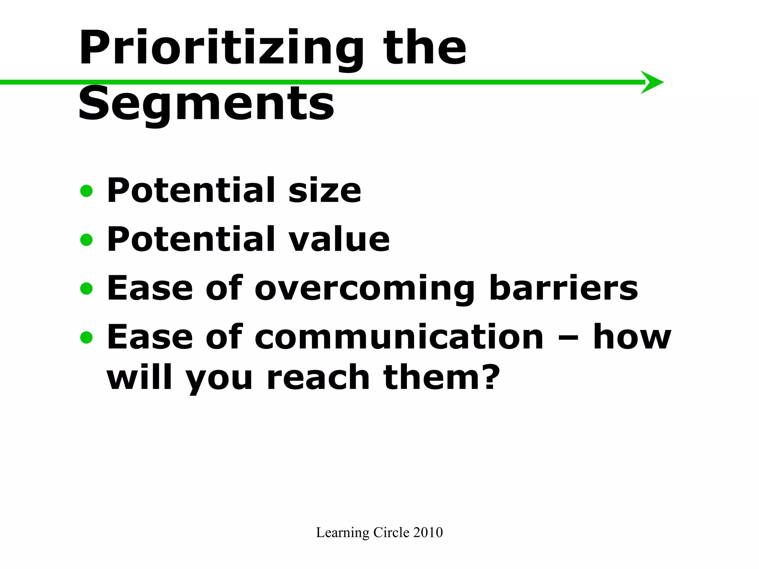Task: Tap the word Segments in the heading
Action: point(206,104)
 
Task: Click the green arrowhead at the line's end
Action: point(653,82)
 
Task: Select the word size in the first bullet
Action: point(325,191)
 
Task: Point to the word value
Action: point(339,240)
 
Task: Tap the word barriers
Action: point(563,288)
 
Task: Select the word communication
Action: point(399,337)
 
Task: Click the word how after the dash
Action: point(632,337)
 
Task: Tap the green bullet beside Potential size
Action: point(86,192)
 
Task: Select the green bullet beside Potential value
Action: point(86,240)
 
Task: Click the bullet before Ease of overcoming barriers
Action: point(86,289)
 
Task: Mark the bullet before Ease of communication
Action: point(86,337)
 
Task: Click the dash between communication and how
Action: point(568,338)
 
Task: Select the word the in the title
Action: point(424,48)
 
